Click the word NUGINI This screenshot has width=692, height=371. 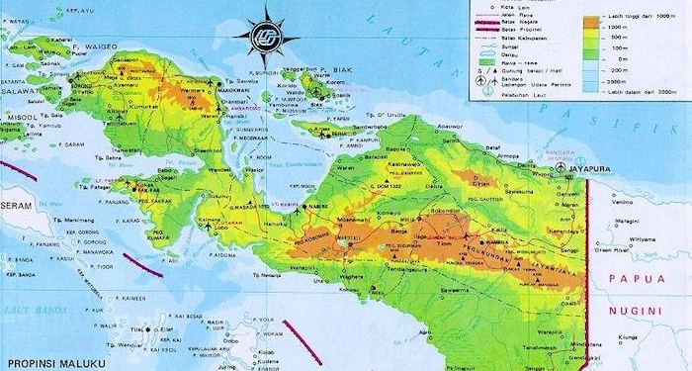point(640,310)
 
